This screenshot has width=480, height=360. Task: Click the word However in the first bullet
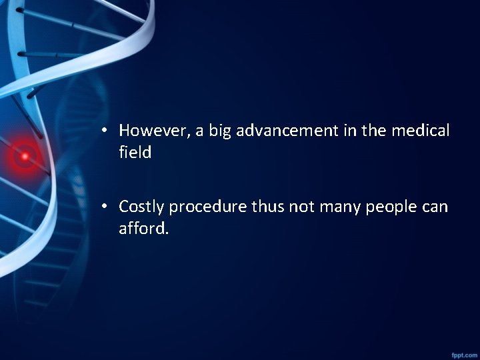click(153, 131)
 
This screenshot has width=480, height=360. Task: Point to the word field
click(135, 153)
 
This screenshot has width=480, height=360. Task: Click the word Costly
click(141, 207)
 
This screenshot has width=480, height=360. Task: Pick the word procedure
click(208, 207)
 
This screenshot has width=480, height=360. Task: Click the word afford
click(144, 229)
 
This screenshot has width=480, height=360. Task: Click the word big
click(220, 131)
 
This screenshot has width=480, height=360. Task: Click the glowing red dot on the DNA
click(25, 157)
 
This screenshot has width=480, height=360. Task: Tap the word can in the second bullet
click(435, 207)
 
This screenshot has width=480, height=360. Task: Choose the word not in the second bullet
click(301, 207)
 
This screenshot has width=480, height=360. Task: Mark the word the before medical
click(374, 131)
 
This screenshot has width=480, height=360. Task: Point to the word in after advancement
click(350, 131)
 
